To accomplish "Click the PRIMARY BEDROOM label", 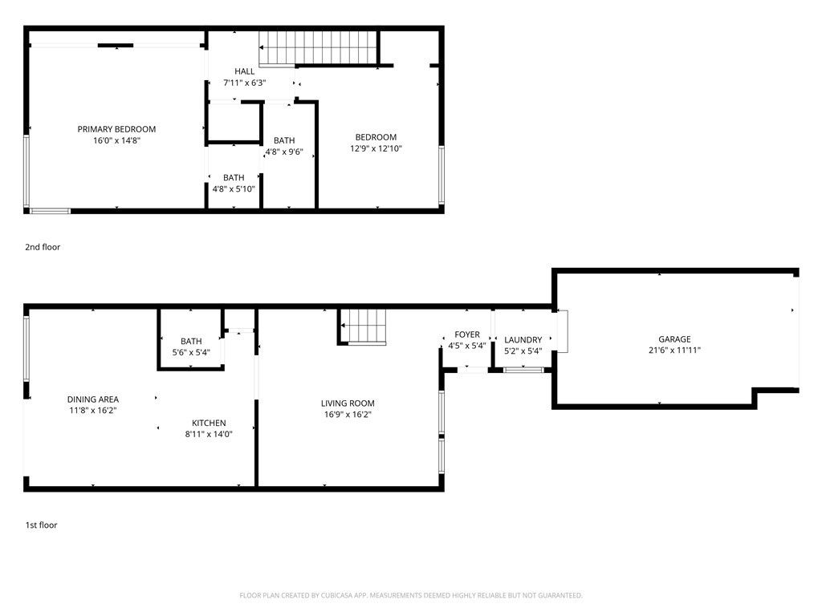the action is (x=116, y=129).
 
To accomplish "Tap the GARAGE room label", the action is (x=674, y=339).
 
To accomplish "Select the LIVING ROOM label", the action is (x=348, y=403).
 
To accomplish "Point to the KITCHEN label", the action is (x=209, y=423).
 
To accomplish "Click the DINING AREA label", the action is (x=93, y=399).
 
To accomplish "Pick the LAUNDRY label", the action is (x=523, y=339).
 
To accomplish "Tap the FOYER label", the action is (x=467, y=334).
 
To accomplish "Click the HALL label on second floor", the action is (x=244, y=71).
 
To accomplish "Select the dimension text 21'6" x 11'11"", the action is (x=674, y=351).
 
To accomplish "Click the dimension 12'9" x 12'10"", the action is (x=376, y=148).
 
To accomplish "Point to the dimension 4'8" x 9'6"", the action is (x=284, y=152).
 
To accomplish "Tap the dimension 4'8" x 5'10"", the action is (x=234, y=188).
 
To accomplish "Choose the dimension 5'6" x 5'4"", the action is (x=191, y=352).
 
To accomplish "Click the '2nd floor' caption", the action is (x=43, y=247).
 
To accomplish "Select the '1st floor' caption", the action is (x=42, y=525).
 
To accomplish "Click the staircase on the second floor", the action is (x=319, y=47).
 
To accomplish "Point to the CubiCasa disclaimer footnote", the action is (x=411, y=595).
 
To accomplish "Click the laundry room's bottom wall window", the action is (x=523, y=370).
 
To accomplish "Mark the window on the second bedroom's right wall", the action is (x=442, y=175).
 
